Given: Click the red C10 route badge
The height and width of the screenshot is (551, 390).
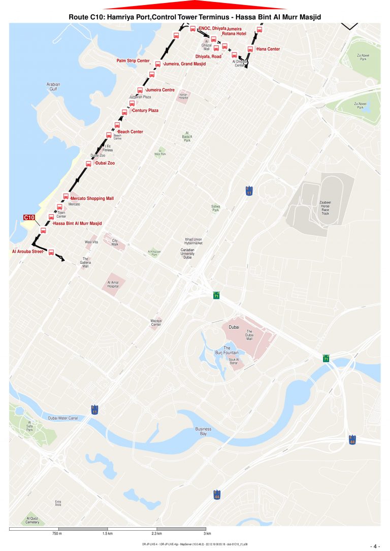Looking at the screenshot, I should (x=29, y=218).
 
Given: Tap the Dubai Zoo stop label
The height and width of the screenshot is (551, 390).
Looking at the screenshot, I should (x=105, y=163).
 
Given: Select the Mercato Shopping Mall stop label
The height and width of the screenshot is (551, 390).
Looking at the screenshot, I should (x=92, y=198).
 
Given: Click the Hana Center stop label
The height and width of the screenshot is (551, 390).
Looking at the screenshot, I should (x=268, y=49).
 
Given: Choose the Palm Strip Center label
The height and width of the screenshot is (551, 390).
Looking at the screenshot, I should (x=133, y=61).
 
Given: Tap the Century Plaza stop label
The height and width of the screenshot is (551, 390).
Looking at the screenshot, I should (x=145, y=110).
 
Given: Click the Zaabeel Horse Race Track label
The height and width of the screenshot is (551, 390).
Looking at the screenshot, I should (x=325, y=208).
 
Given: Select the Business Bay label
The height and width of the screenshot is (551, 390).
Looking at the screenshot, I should (x=203, y=431).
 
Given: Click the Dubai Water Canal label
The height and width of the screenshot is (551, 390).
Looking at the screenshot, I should (x=62, y=418).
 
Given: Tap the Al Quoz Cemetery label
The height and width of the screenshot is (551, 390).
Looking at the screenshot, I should (x=32, y=520).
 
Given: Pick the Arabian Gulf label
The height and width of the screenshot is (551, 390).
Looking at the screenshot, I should (x=53, y=86).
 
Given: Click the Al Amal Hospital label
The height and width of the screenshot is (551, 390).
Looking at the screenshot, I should (x=113, y=284).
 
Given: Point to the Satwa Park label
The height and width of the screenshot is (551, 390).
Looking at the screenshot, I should (x=215, y=208).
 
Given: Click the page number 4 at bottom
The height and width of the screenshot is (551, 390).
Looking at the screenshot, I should (x=376, y=546).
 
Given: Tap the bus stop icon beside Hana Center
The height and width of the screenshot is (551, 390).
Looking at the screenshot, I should (x=250, y=49).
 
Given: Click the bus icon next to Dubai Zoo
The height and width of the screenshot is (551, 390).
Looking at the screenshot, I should (x=88, y=164).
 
